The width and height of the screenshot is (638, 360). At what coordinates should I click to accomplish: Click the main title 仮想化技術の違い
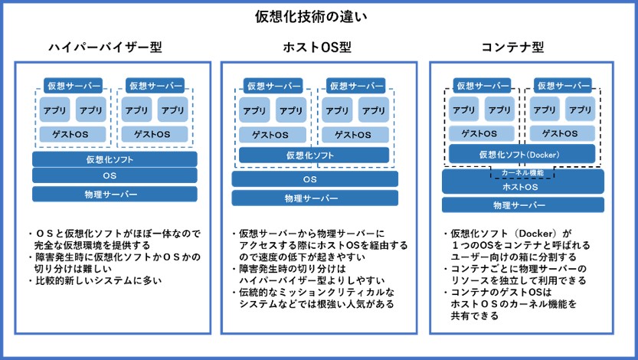coord(311,17)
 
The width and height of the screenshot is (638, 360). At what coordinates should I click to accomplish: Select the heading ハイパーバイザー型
coord(106,47)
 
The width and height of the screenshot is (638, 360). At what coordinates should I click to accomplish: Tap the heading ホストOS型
coord(317,47)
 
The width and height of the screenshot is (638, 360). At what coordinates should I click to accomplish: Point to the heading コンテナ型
coord(512,47)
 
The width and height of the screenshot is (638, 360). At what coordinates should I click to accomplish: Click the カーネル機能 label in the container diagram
coord(522,173)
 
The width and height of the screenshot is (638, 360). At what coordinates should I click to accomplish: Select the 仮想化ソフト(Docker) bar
coord(522,155)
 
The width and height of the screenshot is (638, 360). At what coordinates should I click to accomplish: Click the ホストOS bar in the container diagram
coord(523,186)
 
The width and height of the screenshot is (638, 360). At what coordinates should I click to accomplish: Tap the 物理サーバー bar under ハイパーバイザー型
coord(115,194)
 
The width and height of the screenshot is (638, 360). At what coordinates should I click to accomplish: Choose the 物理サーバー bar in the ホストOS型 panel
coord(315,198)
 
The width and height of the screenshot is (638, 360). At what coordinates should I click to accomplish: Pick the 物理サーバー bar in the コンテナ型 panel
coord(523,205)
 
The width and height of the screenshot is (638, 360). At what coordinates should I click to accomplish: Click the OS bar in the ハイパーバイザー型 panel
coord(115,175)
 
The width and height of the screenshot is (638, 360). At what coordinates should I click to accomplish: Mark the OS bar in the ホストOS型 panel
coord(315,179)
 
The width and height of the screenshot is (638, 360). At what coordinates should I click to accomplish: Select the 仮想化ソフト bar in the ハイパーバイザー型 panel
coord(115,159)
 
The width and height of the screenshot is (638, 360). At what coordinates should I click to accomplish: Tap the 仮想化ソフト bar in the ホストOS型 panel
coord(314,155)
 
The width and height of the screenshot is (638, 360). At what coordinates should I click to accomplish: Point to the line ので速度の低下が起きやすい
coord(302,257)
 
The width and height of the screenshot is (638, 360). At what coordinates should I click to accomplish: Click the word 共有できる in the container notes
coord(474,316)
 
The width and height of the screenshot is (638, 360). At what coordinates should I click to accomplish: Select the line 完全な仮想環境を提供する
coord(93,245)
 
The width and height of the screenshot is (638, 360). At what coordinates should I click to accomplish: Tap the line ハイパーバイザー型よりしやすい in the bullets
coord(312,280)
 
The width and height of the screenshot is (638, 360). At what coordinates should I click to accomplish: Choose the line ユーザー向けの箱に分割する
coord(513,257)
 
